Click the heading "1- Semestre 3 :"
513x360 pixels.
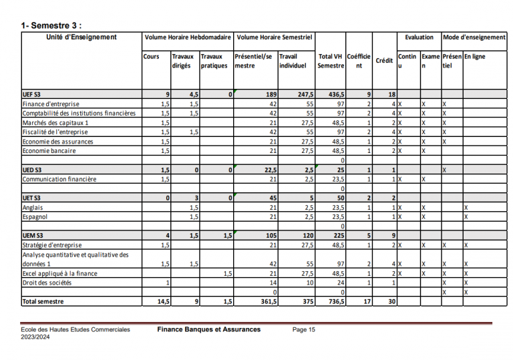click(x=51, y=25)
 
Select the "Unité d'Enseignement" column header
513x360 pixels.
click(x=81, y=37)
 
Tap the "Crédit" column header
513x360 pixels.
click(x=384, y=61)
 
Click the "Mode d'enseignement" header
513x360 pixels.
click(x=474, y=37)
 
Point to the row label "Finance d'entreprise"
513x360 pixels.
click(x=51, y=104)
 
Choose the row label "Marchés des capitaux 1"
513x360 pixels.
click(x=55, y=123)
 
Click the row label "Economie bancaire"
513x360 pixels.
click(x=49, y=151)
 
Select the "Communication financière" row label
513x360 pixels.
click(x=59, y=179)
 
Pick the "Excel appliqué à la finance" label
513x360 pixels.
click(x=60, y=273)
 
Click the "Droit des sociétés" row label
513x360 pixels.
click(x=49, y=283)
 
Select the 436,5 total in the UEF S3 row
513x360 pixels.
click(x=334, y=95)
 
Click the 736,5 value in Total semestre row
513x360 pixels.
click(x=334, y=302)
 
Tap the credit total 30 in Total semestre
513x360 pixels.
click(x=392, y=302)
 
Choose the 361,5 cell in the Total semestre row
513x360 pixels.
click(x=267, y=302)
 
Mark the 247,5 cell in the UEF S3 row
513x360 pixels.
click(x=305, y=95)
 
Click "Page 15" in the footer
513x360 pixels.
click(x=304, y=329)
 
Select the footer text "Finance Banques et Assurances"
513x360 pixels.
click(x=208, y=329)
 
